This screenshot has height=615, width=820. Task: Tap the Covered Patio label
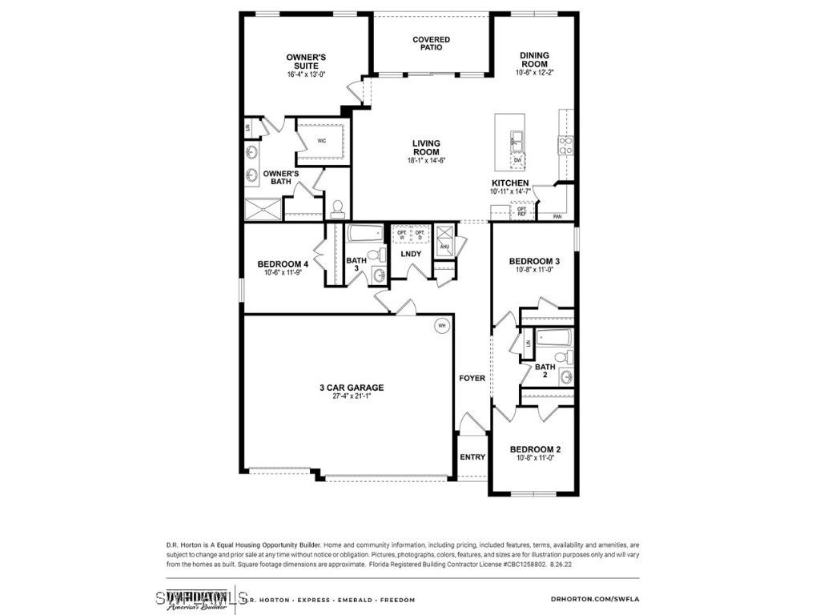point(431,43)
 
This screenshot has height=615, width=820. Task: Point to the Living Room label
point(426,148)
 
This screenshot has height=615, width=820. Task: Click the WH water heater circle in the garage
point(441,326)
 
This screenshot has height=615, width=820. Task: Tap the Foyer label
point(472,378)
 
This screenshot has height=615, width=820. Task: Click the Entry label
point(472,457)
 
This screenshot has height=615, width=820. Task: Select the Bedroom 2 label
point(535,449)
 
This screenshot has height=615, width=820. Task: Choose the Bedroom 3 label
point(534,261)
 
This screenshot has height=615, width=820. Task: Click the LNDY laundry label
point(411,254)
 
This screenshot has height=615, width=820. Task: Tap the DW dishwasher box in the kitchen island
point(518,160)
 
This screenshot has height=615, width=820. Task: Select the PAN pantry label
point(557,216)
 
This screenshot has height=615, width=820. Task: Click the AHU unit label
point(444,247)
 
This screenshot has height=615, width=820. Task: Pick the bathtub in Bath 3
point(367,235)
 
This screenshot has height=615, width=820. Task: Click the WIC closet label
point(322,141)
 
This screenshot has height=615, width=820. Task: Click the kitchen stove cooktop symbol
point(565,145)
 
